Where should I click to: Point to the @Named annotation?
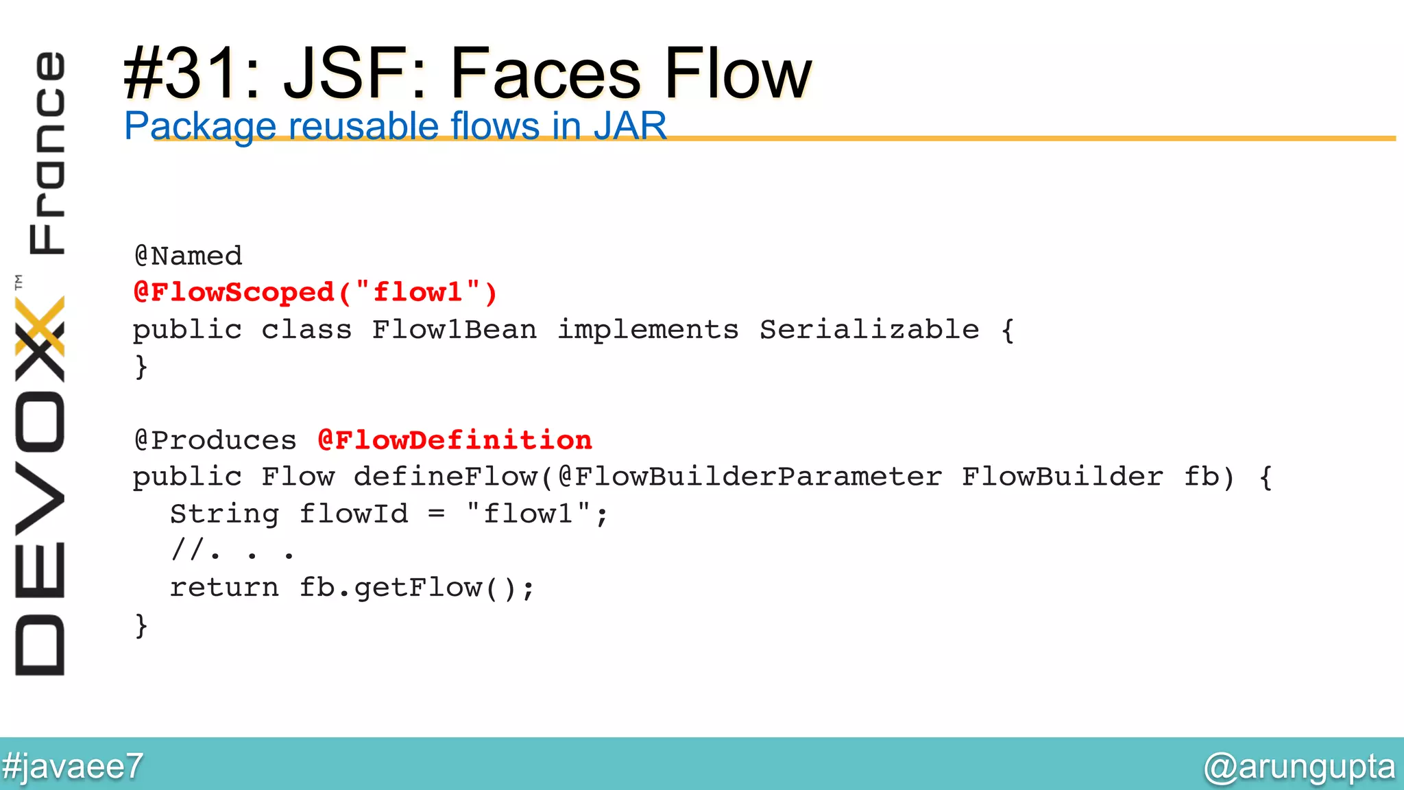click(189, 256)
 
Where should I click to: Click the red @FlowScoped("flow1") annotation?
click(315, 293)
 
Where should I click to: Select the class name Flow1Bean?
click(454, 330)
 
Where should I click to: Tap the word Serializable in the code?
click(869, 330)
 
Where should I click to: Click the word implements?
click(648, 330)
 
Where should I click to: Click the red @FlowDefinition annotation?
click(455, 440)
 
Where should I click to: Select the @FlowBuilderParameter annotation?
click(750, 477)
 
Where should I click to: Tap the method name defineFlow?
click(446, 477)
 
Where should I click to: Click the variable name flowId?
click(354, 514)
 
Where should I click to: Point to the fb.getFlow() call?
click(416, 588)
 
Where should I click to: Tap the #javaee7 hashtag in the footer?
click(72, 766)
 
